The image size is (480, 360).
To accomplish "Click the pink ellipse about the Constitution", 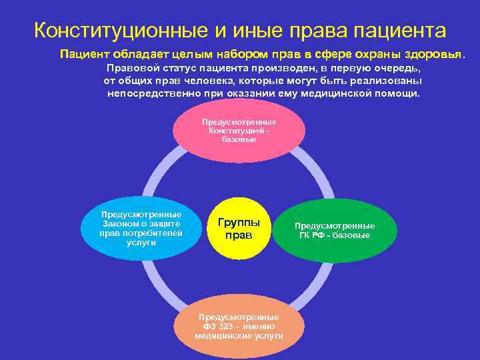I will point(239,131).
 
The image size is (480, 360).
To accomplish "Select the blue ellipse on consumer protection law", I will point(141,229).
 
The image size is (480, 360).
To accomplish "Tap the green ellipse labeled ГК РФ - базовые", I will point(335,231).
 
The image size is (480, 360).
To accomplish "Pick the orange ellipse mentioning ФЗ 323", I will point(239,325).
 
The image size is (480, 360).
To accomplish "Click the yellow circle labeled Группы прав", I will point(238,229).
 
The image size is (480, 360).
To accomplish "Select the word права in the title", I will point(305,31).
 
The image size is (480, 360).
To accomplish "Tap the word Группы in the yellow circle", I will point(238,223).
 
